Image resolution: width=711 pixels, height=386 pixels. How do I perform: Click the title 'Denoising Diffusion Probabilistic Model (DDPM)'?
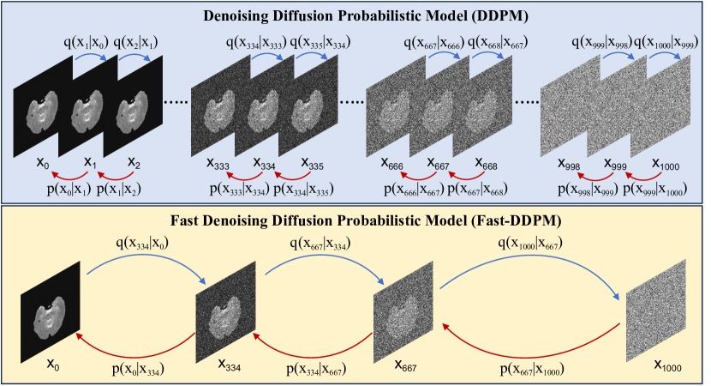pyautogui.click(x=355, y=15)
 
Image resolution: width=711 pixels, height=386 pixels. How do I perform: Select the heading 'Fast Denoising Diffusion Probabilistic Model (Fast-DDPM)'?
pyautogui.click(x=355, y=220)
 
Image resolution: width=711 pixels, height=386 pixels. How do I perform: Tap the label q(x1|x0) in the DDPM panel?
pyautogui.click(x=75, y=40)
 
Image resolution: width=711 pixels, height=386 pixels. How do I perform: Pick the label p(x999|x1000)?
pyautogui.click(x=656, y=188)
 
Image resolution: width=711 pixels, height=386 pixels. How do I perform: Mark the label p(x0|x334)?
pyautogui.click(x=140, y=370)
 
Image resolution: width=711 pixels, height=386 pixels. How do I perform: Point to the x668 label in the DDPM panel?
pyautogui.click(x=487, y=163)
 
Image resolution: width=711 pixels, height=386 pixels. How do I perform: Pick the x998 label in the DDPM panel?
pyautogui.click(x=571, y=163)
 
